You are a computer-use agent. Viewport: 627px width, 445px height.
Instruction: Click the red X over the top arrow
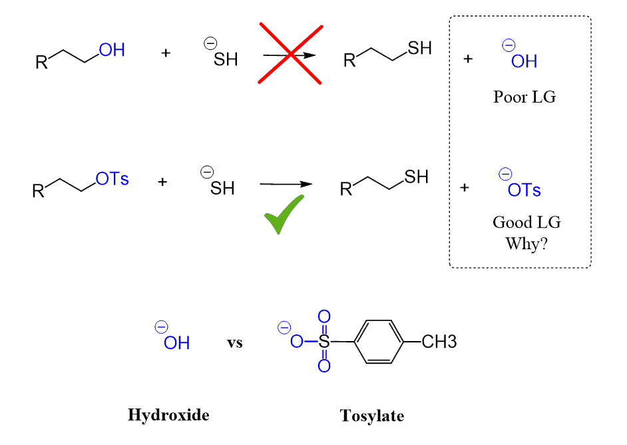(x=291, y=55)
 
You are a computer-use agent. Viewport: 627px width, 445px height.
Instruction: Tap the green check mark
(x=284, y=215)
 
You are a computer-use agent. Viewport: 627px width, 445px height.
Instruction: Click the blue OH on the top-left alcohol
(x=111, y=50)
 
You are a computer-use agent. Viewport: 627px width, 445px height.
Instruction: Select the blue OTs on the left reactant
(x=112, y=179)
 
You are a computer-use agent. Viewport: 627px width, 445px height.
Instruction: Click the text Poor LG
(x=524, y=97)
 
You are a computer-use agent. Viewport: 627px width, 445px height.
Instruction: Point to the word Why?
(x=526, y=243)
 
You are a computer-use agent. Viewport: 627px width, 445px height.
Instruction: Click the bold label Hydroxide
(x=168, y=415)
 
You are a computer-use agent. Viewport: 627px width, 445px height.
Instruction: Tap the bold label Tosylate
(x=372, y=416)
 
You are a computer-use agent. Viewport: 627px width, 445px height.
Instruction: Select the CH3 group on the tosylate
(x=439, y=343)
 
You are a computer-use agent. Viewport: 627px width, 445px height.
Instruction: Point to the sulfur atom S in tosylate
(x=323, y=343)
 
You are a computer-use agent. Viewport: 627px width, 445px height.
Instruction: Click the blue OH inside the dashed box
(x=524, y=61)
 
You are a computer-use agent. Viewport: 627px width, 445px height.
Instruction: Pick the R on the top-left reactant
(x=41, y=63)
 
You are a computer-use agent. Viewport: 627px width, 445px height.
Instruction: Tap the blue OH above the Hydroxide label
(x=176, y=343)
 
